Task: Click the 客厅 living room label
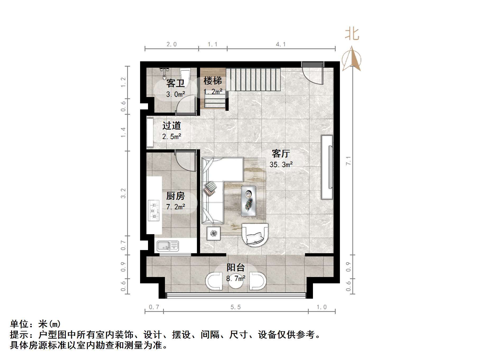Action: tap(281, 154)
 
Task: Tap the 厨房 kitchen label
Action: tap(175, 196)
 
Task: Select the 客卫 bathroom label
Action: tap(175, 84)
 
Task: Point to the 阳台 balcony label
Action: tap(236, 267)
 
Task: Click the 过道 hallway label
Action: tap(172, 126)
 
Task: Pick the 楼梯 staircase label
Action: tap(213, 81)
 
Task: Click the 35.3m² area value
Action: tap(281, 165)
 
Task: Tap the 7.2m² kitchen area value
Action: tap(176, 207)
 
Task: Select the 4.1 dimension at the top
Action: tap(281, 44)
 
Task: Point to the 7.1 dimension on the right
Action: tap(348, 161)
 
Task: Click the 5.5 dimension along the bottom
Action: tap(236, 307)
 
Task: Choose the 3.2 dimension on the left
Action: tap(123, 193)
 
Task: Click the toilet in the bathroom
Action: tap(185, 77)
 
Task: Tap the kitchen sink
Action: tap(168, 246)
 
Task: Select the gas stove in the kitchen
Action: tap(154, 210)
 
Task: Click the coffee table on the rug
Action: tap(248, 201)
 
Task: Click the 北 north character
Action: tap(352, 34)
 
